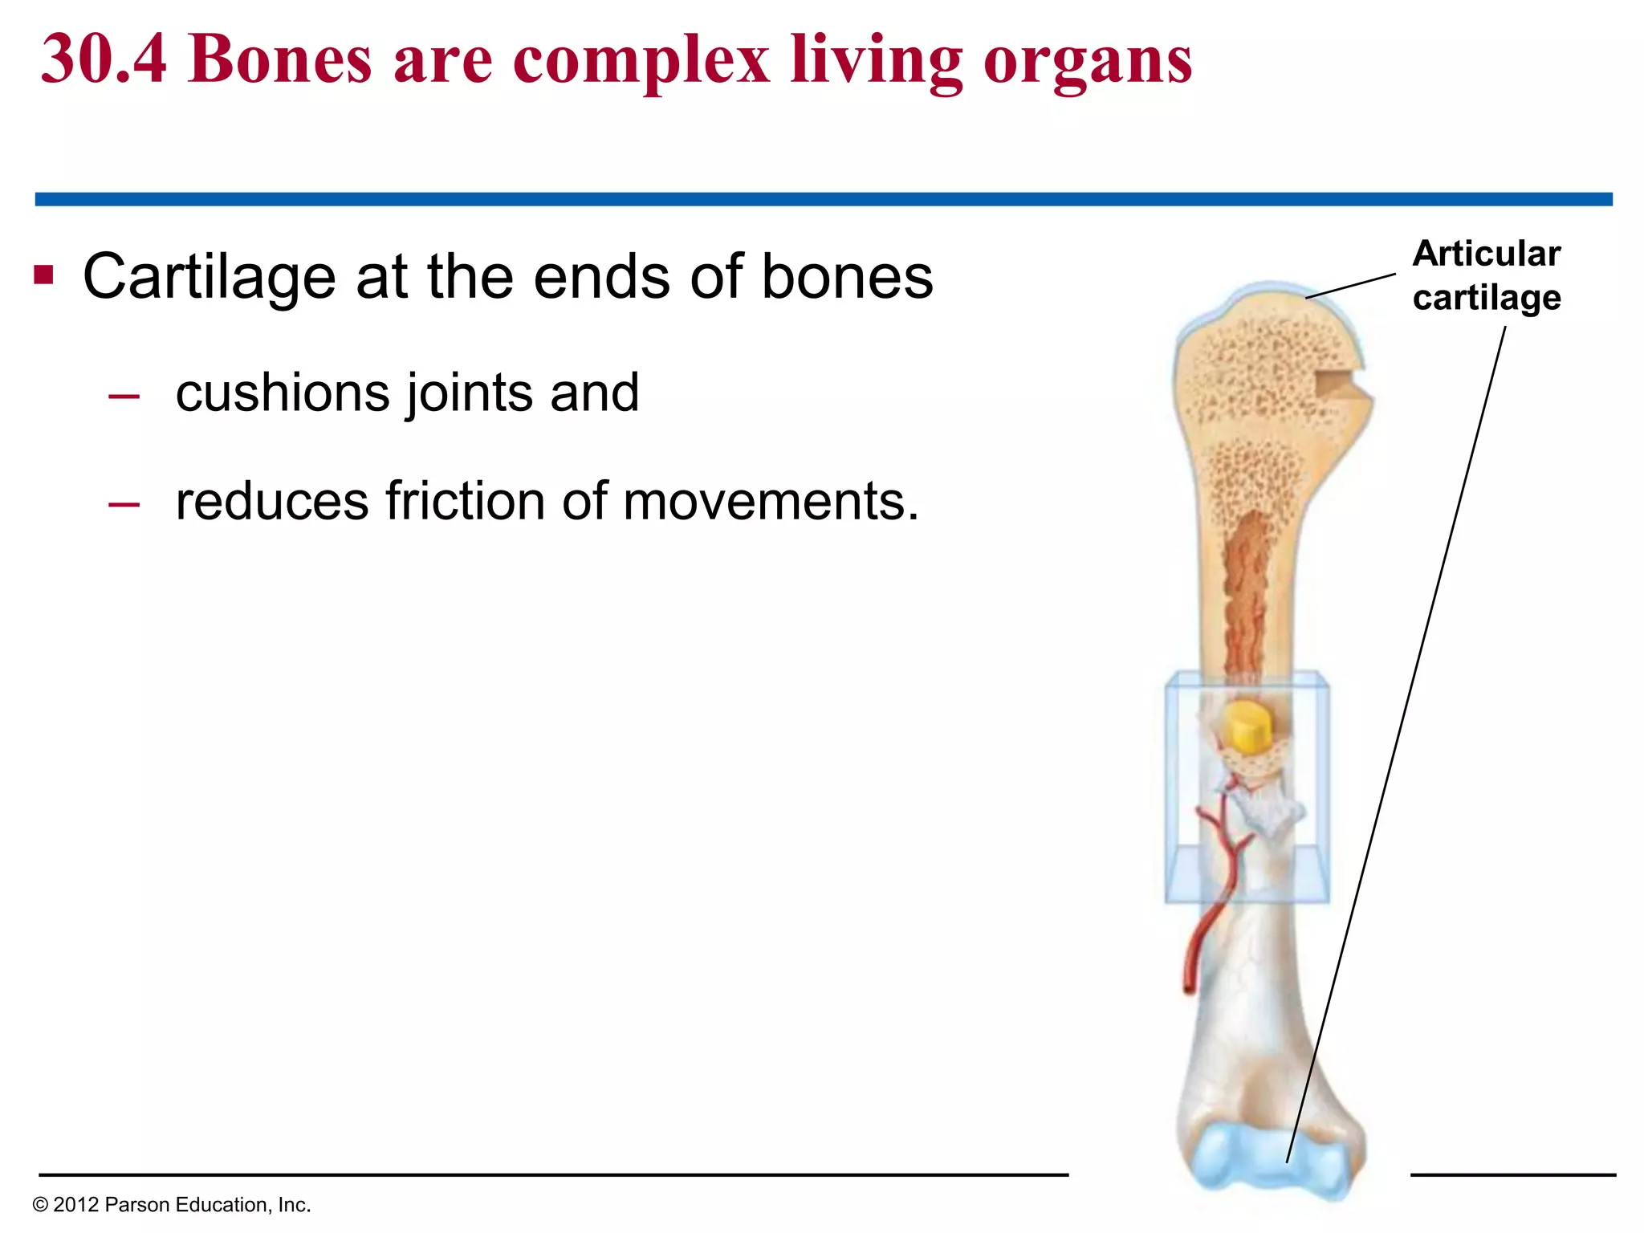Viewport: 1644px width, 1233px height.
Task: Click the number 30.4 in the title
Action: coord(104,59)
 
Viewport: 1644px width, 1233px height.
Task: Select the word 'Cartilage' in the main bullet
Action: coord(209,278)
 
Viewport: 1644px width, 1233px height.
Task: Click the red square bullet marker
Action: coord(43,275)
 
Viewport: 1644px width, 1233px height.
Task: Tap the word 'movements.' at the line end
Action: coord(771,502)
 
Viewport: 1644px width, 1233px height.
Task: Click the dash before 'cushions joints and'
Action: coord(124,396)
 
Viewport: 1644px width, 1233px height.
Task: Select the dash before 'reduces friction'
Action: coord(124,504)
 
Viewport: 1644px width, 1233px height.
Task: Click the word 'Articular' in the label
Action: coord(1486,254)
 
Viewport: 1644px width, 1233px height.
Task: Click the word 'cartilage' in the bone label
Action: coord(1486,299)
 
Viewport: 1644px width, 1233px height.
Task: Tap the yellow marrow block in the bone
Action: coord(1244,726)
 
